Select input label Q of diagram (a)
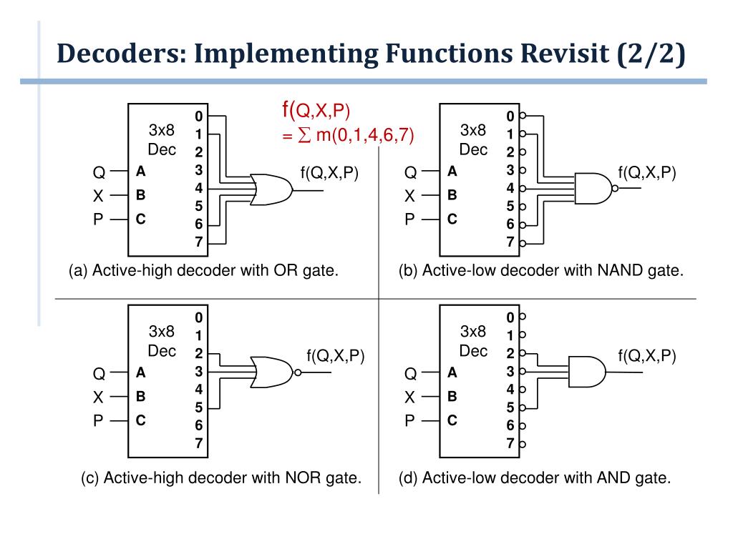coord(99,172)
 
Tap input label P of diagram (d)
coord(409,421)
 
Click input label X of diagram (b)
coord(409,196)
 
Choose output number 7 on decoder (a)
coord(199,242)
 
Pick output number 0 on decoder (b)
coord(510,116)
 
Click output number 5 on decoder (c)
coord(199,408)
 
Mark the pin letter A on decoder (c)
coord(141,372)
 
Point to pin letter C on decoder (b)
coord(452,219)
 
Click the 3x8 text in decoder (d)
coord(473,332)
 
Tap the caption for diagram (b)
coord(541,271)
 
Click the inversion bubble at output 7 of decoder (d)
coord(523,444)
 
